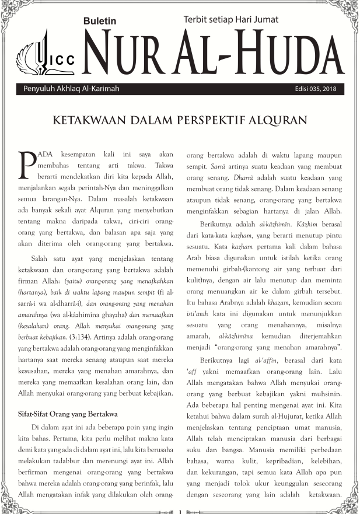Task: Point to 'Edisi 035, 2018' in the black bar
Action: [x=319, y=89]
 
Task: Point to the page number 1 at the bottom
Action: [x=180, y=511]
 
